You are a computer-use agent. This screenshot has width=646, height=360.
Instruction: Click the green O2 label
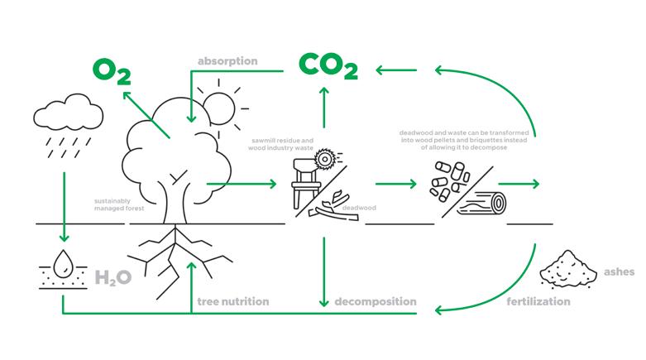click(x=112, y=71)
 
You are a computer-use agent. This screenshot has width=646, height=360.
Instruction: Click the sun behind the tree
click(x=219, y=105)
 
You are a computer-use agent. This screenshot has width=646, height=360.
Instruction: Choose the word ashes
click(x=620, y=271)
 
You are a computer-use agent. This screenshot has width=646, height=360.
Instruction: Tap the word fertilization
click(x=538, y=301)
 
